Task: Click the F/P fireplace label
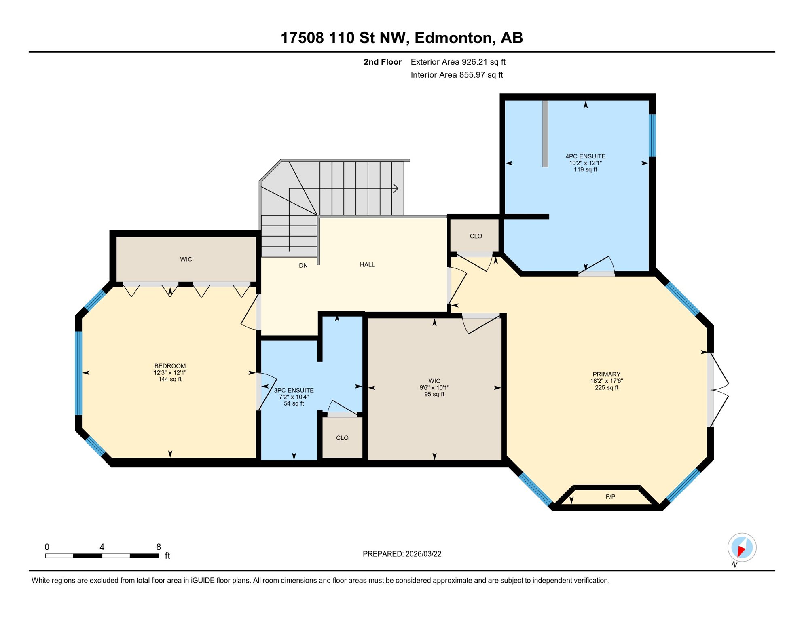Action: pos(610,497)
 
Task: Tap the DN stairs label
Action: pos(303,266)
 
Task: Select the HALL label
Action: pos(367,264)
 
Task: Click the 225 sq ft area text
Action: pos(606,388)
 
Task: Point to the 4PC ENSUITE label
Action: pos(585,156)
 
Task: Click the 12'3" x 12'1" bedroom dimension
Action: pos(170,373)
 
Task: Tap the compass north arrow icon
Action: pos(742,548)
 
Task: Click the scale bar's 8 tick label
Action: pos(159,547)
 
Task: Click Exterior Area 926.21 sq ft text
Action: pos(458,62)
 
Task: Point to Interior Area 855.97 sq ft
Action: pos(457,75)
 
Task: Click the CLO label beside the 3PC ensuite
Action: pos(342,438)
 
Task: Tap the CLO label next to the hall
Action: pos(476,236)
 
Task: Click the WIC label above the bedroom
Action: pos(186,259)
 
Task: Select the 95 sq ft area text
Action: pos(434,394)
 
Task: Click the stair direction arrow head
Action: pos(396,188)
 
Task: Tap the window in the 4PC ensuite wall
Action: pos(652,135)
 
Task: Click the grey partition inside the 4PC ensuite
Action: pos(545,133)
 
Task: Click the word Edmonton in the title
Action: pos(455,38)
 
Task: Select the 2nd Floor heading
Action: pos(382,62)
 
